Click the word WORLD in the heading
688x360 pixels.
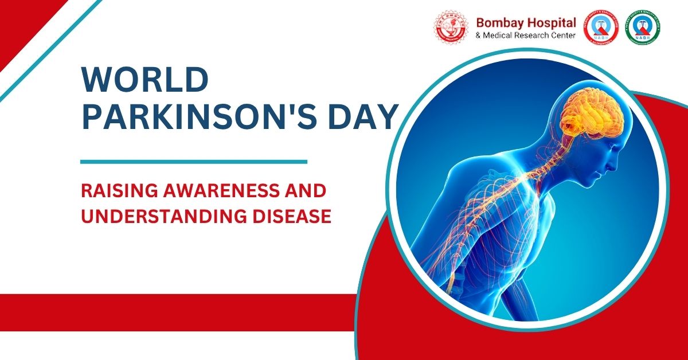[144, 80]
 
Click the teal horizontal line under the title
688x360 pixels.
[193, 162]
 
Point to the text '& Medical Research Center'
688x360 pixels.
[526, 37]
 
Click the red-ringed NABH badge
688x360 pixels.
[601, 28]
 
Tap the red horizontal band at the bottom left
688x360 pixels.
[172, 312]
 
